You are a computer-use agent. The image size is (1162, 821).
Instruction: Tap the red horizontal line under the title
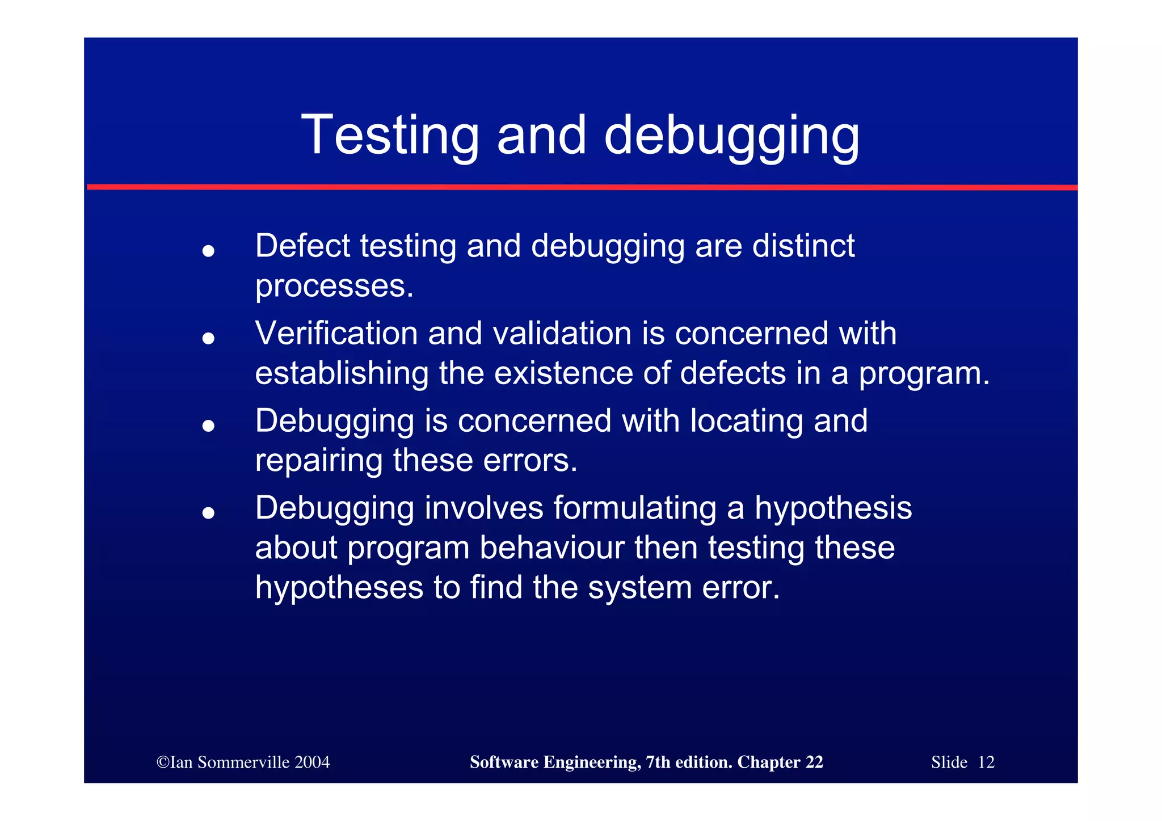[x=581, y=187]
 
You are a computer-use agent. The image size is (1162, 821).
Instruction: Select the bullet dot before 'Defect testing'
[x=208, y=251]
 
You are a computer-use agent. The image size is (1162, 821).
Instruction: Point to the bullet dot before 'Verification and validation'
[x=208, y=338]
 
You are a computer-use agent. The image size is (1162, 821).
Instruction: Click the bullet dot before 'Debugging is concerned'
[x=208, y=426]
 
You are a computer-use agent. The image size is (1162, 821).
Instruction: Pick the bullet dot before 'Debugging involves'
[x=208, y=513]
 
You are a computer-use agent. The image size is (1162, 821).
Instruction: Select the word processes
[x=334, y=287]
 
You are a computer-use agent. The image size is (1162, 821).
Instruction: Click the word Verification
[x=336, y=333]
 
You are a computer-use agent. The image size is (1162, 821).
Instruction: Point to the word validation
[x=562, y=333]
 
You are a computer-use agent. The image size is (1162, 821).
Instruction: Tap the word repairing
[x=318, y=461]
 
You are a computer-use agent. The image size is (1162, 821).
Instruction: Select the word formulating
[x=635, y=508]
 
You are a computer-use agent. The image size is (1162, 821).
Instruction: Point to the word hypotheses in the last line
[x=339, y=587]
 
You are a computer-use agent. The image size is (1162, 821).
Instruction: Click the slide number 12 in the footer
[x=986, y=762]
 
